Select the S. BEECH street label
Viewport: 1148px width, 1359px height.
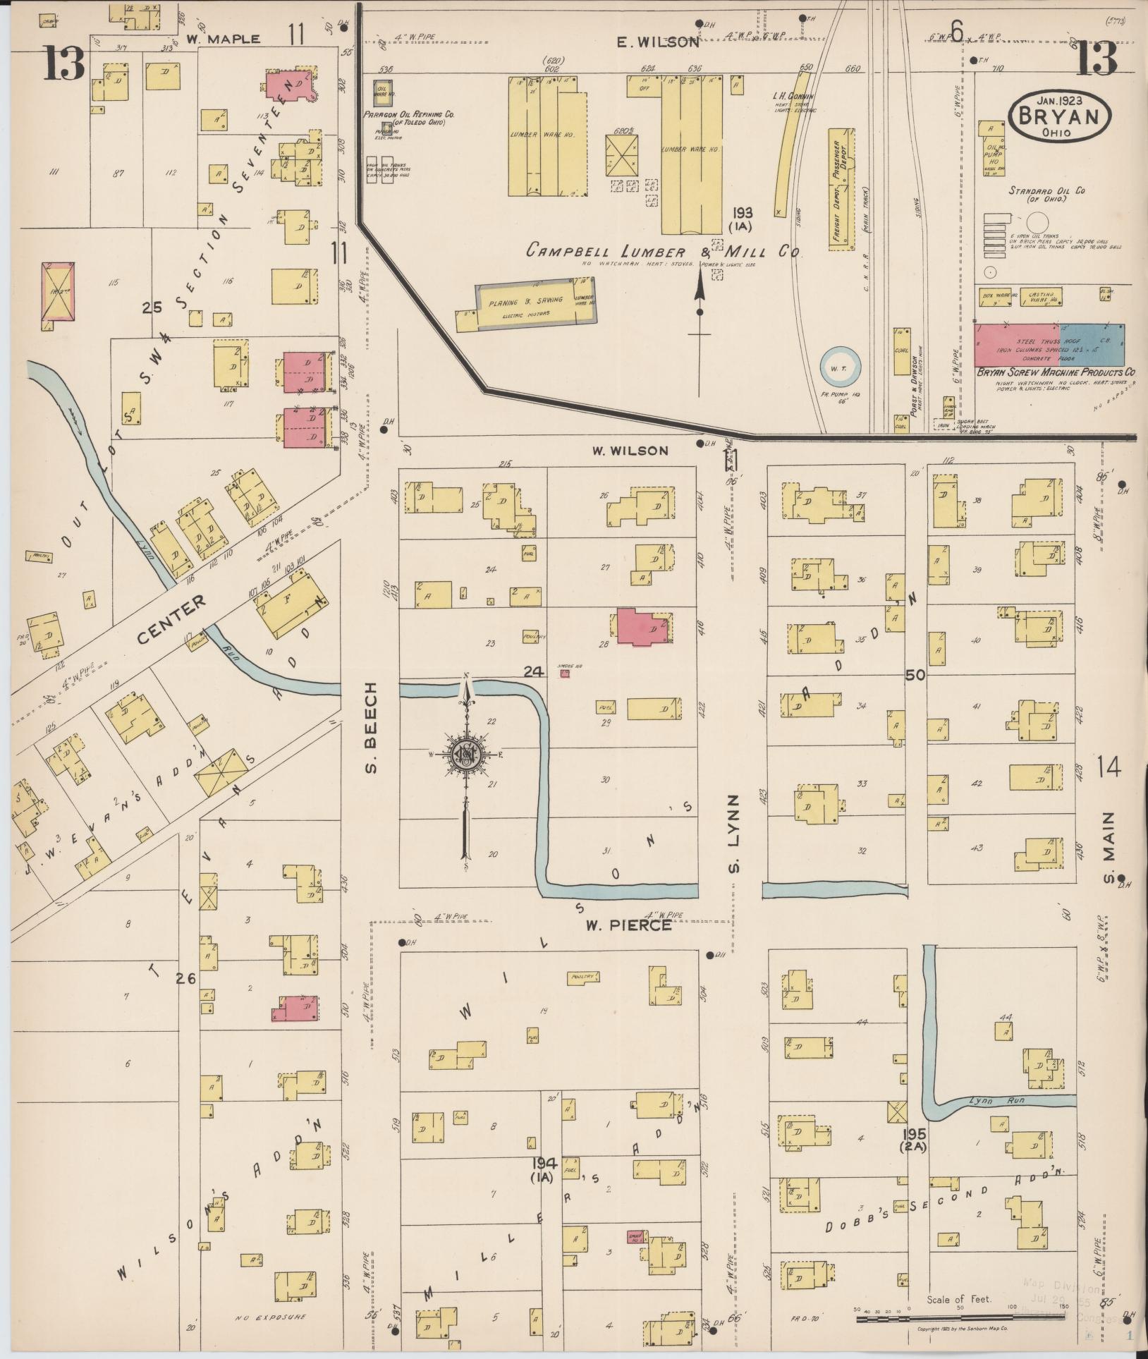coord(372,728)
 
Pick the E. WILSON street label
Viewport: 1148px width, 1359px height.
coord(657,42)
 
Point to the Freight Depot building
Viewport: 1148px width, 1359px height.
coord(841,189)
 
